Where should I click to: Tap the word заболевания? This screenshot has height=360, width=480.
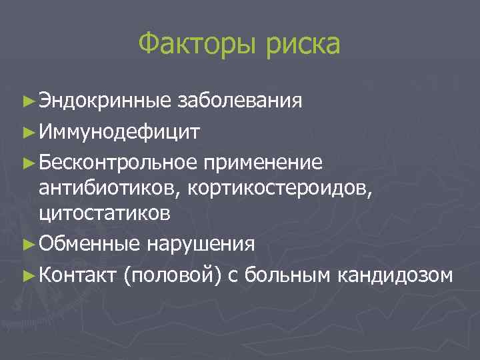pos(240,101)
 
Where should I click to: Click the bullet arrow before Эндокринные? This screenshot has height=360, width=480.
pos(27,102)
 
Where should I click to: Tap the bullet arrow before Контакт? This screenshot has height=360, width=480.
pos(27,274)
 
